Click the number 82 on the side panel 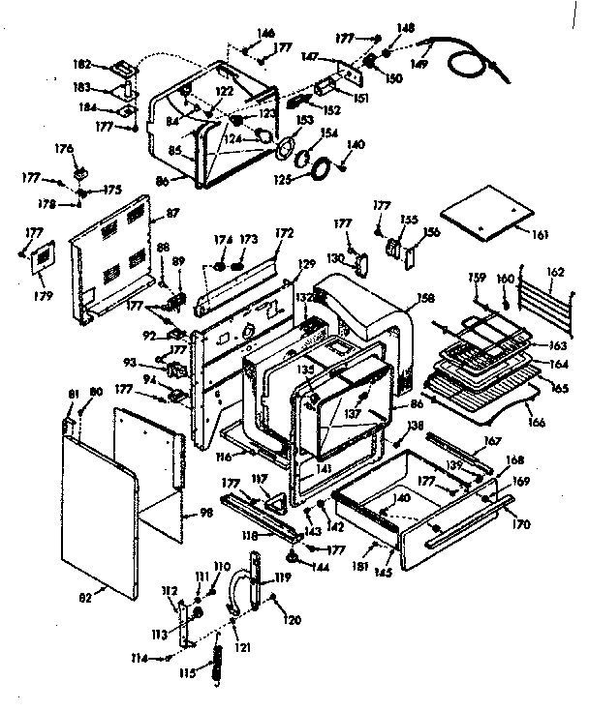pos(84,597)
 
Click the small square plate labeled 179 pos(42,260)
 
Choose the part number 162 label pos(553,273)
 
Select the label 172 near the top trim pos(284,233)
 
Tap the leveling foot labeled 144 pos(292,556)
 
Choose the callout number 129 pos(306,264)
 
